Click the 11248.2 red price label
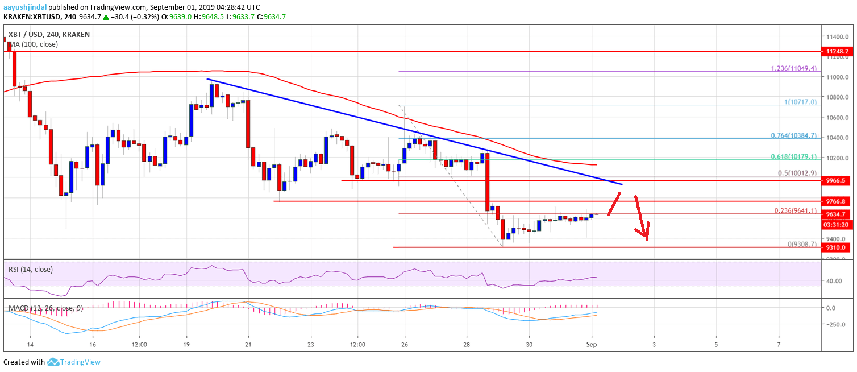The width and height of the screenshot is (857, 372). [x=838, y=51]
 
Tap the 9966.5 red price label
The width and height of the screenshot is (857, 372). [x=838, y=180]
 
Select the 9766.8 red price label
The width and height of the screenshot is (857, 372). [x=838, y=201]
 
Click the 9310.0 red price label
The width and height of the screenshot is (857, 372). [x=838, y=247]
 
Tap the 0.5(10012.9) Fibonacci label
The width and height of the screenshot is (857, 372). [x=793, y=172]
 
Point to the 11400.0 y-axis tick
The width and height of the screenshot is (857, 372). [x=837, y=36]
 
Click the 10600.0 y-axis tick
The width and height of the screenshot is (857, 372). [x=837, y=117]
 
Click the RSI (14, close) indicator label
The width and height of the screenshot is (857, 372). [x=31, y=269]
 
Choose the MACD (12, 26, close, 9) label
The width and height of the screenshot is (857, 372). [x=45, y=308]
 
